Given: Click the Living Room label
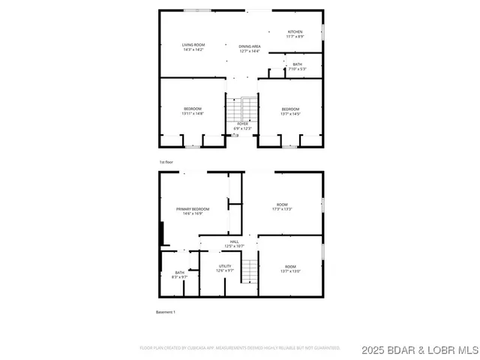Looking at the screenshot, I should pos(193,48).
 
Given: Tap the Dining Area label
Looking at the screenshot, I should pos(250,49).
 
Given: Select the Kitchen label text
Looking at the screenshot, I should pos(295,34).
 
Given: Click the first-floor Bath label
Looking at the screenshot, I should pos(298,67).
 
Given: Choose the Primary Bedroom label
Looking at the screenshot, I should pos(193,211).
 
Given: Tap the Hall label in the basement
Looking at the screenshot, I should pos(234,244).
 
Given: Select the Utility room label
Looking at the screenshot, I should pos(225,268).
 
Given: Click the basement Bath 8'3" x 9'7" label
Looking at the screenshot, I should pos(180,274).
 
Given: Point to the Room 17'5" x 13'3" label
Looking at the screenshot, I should pos(282,207).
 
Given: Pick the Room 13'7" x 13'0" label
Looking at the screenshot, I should pos(290,268).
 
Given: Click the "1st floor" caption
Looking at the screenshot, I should pos(166,162).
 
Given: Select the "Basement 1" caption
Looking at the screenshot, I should pos(165,311).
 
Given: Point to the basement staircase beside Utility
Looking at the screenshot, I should pos(250,270).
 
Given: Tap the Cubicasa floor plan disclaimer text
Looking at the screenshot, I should pos(240,348).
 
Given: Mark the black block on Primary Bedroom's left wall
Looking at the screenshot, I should pos(161,233).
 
